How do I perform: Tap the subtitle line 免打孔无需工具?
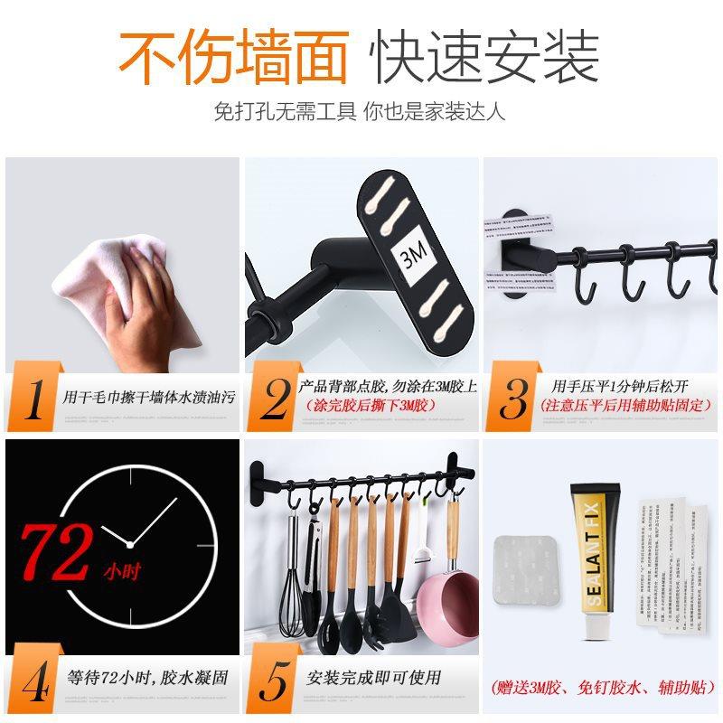[x=286, y=112]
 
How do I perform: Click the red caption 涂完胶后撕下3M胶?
[x=371, y=406]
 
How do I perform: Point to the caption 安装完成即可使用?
[x=373, y=677]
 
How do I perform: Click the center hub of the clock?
[x=132, y=543]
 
